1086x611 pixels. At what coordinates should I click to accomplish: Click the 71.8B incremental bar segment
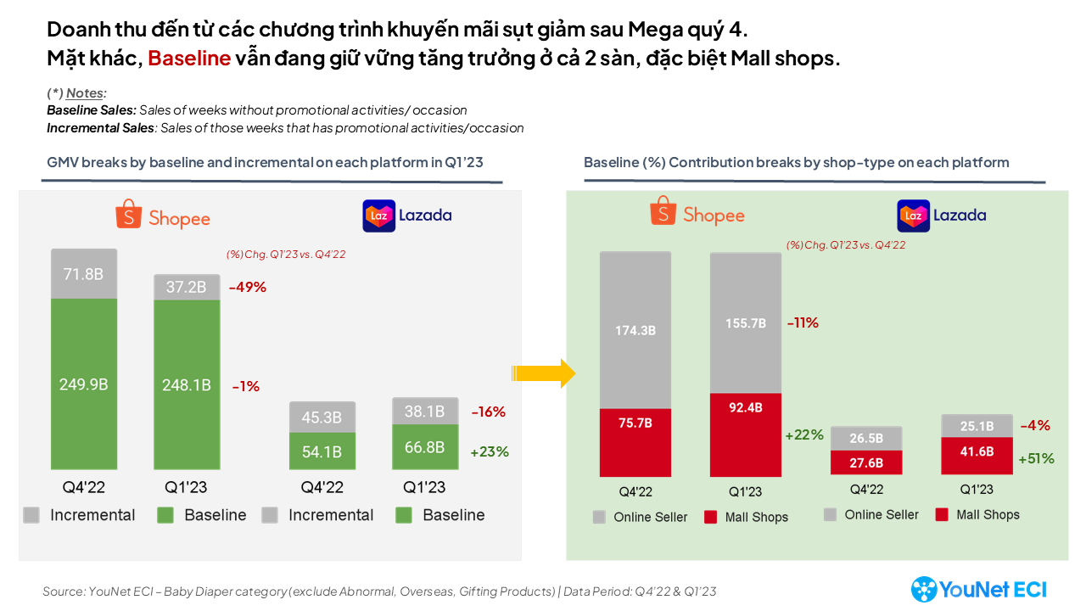point(84,273)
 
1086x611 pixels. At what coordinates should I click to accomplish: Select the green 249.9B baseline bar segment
point(84,384)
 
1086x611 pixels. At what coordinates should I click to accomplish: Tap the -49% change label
point(248,287)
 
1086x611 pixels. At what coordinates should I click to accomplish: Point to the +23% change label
point(490,451)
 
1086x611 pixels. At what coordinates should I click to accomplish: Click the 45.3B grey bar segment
point(322,417)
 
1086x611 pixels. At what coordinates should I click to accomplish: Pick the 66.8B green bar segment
point(424,446)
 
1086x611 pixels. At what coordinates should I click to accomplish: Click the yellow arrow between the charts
point(544,373)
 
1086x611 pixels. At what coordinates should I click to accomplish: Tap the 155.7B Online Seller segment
point(746,322)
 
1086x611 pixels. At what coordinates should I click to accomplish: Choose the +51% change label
point(1036,458)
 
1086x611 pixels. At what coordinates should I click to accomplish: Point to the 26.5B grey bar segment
point(866,438)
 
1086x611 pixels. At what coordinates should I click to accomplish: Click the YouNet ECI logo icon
point(924,589)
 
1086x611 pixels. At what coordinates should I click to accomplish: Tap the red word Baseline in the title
point(189,59)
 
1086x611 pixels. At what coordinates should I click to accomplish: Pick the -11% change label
point(803,322)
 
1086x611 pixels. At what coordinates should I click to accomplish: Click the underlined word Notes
point(86,93)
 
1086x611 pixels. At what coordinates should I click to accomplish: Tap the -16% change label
point(489,412)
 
